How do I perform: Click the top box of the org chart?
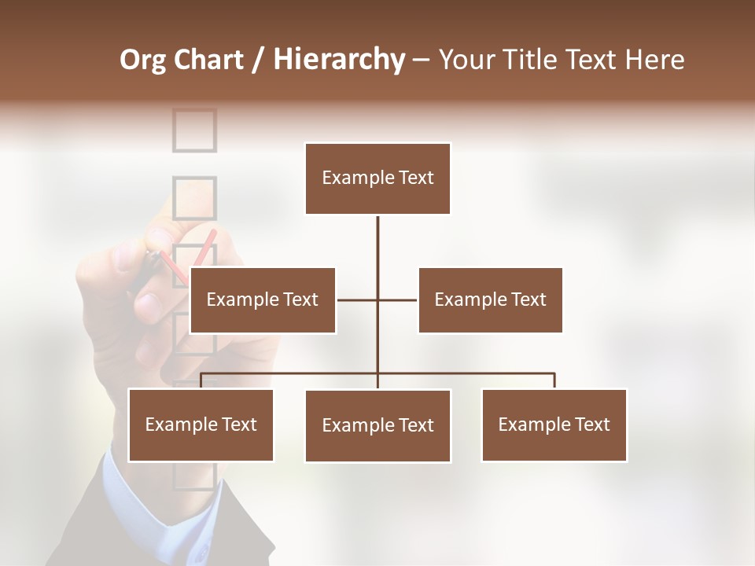[x=377, y=178]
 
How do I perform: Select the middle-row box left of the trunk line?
[x=263, y=300]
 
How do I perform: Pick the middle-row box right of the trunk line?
[x=490, y=300]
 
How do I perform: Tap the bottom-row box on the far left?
[x=201, y=424]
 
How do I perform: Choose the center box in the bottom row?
[x=377, y=425]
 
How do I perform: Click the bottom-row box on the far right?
[x=554, y=424]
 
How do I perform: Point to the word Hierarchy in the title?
[x=339, y=60]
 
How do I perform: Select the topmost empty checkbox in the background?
[x=194, y=130]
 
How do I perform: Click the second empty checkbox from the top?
[x=193, y=197]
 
